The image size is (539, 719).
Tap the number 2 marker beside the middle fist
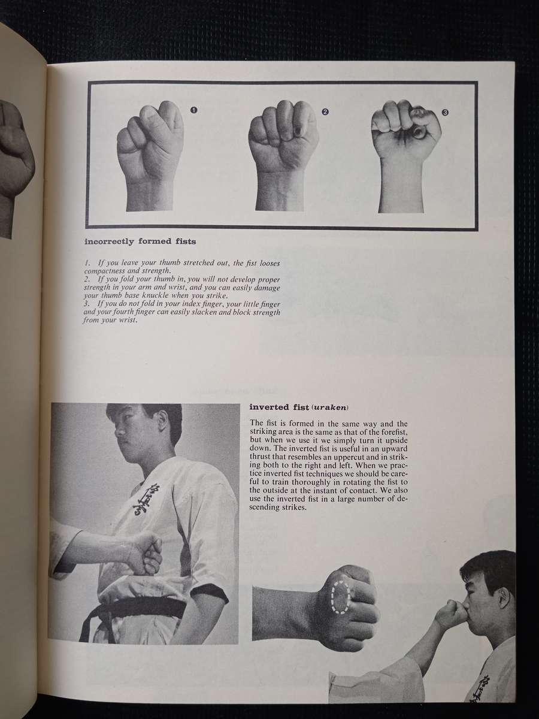pyautogui.click(x=325, y=111)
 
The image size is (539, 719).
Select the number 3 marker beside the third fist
pyautogui.click(x=445, y=112)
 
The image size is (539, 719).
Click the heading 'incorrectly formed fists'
pyautogui.click(x=141, y=241)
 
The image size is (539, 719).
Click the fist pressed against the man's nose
pyautogui.click(x=451, y=614)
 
